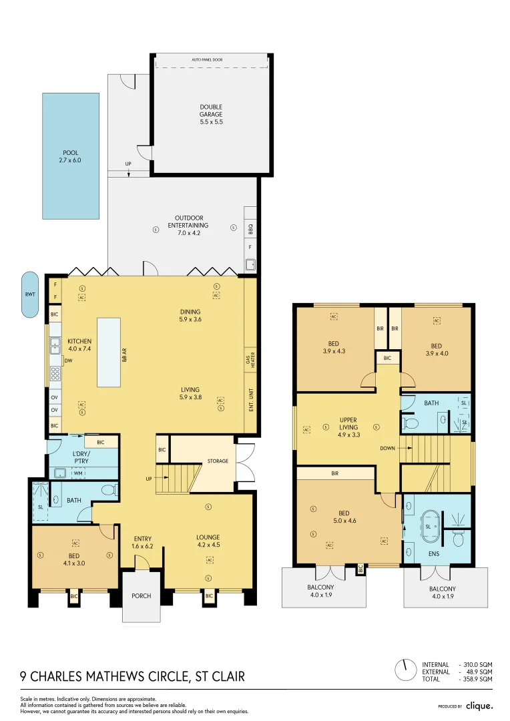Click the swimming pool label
click(71, 157)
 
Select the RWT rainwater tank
click(30, 294)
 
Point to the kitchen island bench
click(109, 352)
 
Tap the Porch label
click(141, 596)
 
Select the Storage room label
click(218, 461)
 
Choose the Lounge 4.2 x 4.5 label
click(208, 541)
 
